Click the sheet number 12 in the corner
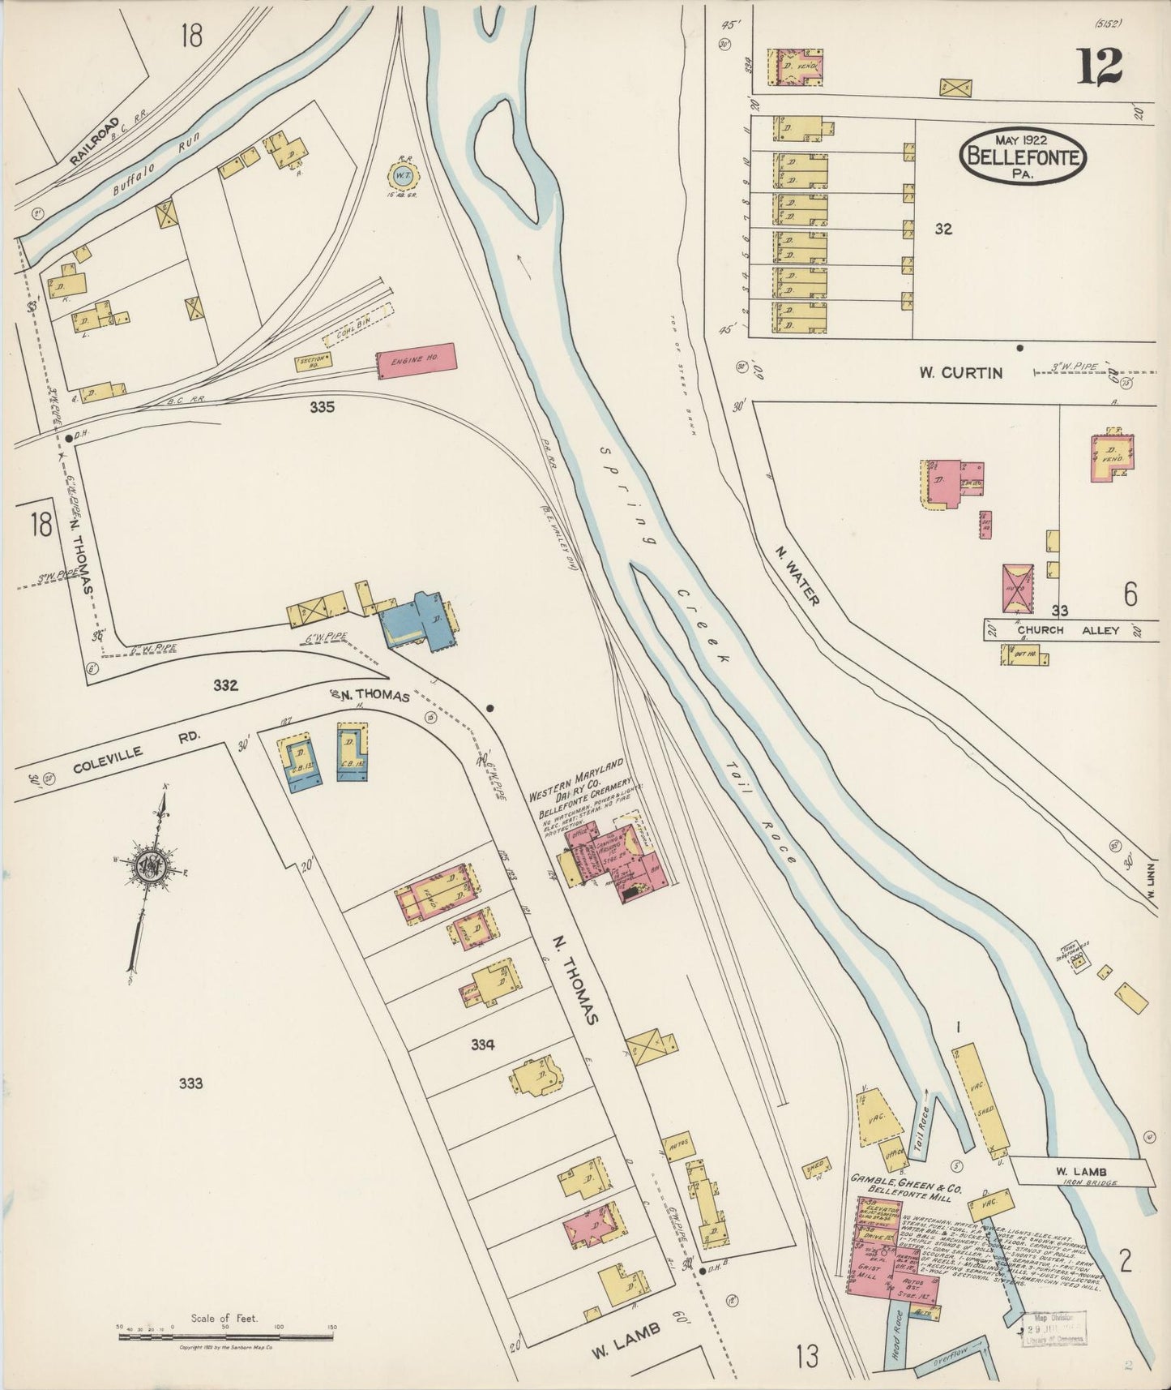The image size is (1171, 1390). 1100,66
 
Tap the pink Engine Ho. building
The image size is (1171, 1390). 415,361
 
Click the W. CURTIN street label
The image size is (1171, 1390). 960,373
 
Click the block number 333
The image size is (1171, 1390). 190,1083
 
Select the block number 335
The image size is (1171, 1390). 322,407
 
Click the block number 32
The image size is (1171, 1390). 942,230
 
